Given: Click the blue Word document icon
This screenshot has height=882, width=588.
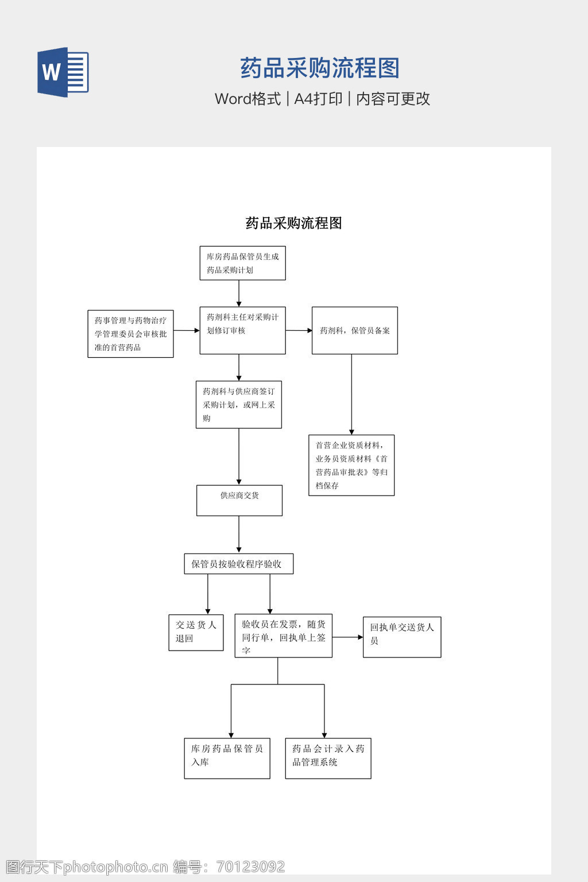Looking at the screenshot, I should point(63,72).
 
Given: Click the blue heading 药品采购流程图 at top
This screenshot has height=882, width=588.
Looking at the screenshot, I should point(319,68).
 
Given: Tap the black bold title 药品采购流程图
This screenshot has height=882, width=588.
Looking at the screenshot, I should point(293,223).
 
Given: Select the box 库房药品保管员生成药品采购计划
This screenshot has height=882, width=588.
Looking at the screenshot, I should point(242,263).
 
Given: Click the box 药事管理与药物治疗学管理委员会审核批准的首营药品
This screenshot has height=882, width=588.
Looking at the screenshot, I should point(130,334).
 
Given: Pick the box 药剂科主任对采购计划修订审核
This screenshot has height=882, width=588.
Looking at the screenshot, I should point(242,330).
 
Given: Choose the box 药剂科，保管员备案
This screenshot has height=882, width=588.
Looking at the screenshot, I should point(354,330).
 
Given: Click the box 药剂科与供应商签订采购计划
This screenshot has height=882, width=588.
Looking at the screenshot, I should point(238,404).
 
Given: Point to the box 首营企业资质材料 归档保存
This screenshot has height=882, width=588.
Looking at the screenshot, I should point(351,465).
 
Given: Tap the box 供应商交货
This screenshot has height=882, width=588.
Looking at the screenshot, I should point(239,500).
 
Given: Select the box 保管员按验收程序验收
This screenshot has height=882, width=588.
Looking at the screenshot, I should point(238,564).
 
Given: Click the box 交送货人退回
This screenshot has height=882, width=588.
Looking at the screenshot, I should point(196,632).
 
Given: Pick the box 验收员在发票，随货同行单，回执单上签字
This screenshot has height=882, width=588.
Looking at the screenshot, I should point(283,636).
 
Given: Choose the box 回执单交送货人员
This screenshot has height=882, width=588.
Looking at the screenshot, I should point(402,637).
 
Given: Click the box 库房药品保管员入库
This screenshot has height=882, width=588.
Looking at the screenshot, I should point(227,758).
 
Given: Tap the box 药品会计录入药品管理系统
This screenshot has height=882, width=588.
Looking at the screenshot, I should point(328,758).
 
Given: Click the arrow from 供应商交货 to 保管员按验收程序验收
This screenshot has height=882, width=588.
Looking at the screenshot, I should point(239,535).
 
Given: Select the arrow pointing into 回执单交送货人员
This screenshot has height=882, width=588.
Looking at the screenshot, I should point(347,637).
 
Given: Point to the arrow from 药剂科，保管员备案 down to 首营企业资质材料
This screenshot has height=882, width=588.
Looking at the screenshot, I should point(351,394).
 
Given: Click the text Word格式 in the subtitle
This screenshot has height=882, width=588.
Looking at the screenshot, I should point(247,99).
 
